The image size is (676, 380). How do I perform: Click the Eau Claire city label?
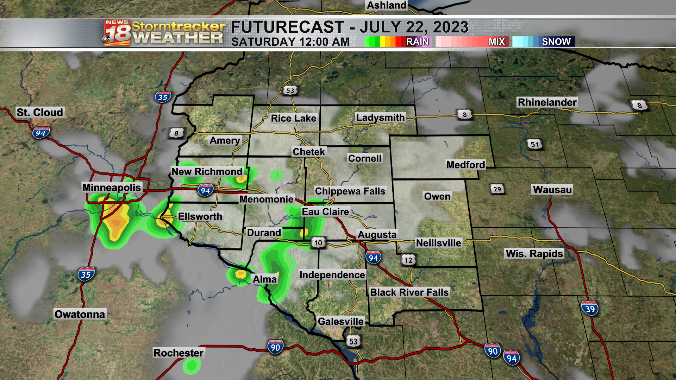[x=325, y=212]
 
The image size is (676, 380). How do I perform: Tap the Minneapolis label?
[x=111, y=187]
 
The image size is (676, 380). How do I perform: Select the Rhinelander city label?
[x=547, y=102]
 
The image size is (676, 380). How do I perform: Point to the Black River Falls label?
[x=409, y=292]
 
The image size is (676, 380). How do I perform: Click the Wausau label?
[x=552, y=190]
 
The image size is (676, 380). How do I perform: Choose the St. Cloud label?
[x=40, y=113]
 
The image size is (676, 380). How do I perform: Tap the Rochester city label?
[x=179, y=353]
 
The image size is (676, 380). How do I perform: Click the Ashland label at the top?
[x=386, y=5]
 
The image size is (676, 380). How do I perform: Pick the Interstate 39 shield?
[x=590, y=309]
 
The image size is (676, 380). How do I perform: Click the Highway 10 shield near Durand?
[x=318, y=242]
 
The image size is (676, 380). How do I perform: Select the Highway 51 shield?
[x=534, y=144]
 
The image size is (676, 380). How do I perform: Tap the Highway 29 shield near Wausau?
[x=497, y=189]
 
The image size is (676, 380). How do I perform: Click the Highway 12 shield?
[x=408, y=260]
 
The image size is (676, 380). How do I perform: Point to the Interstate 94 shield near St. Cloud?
[x=41, y=133]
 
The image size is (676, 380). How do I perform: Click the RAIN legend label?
[x=417, y=42]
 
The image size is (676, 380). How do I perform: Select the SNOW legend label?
[x=556, y=42]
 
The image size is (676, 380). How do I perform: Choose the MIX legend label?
[x=496, y=42]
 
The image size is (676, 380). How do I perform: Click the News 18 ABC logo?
[x=117, y=33]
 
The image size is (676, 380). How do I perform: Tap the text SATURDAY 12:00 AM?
[x=290, y=42]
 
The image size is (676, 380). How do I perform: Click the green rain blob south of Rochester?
[x=192, y=366]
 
